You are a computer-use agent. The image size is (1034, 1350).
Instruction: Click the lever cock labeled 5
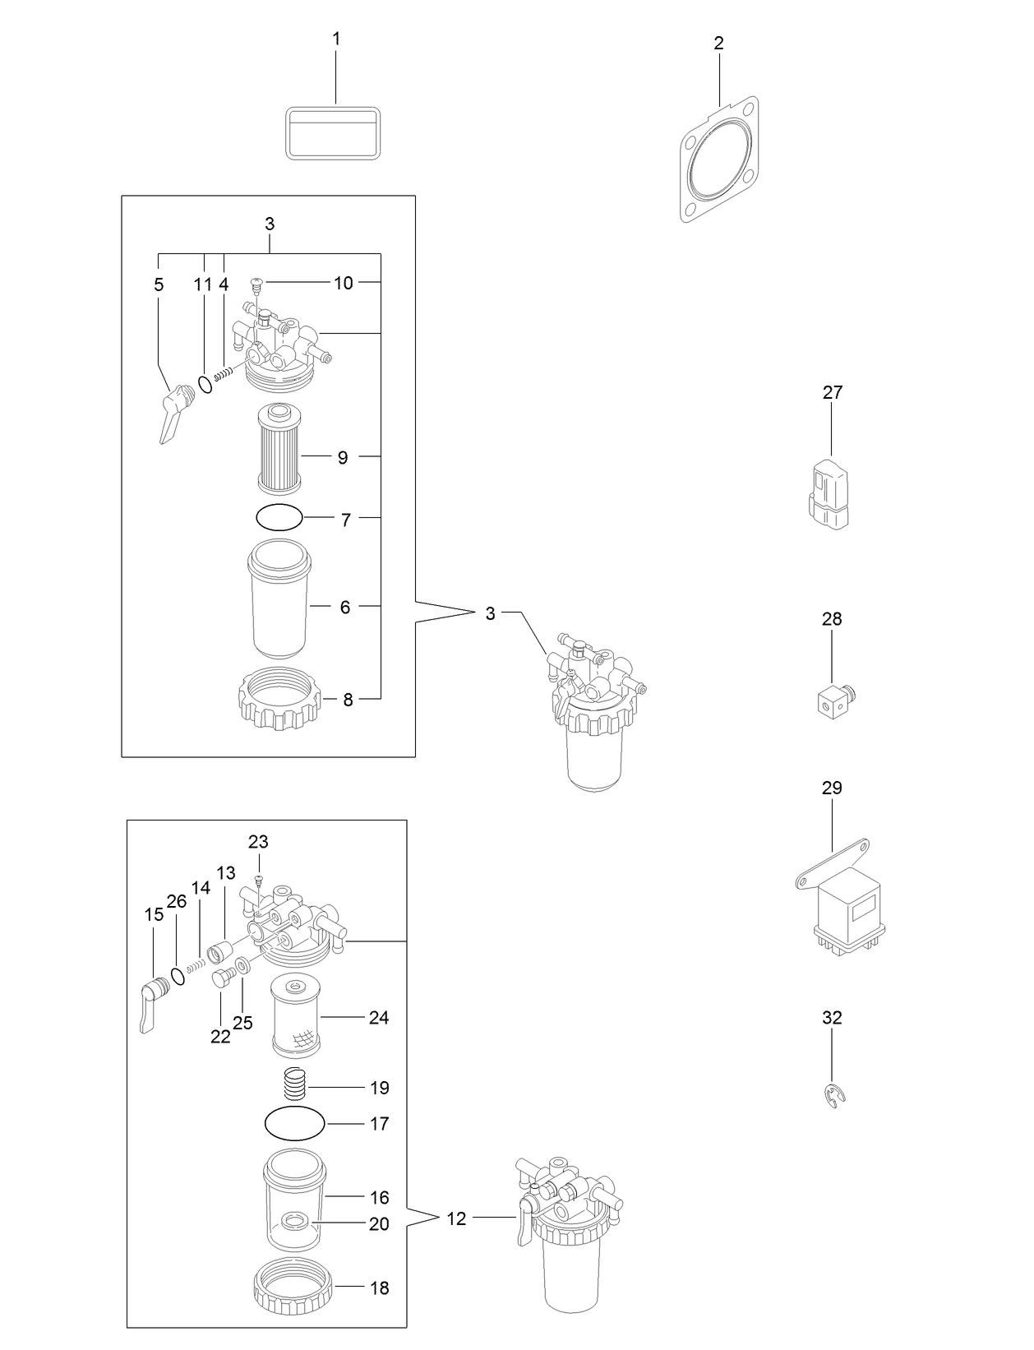point(173,414)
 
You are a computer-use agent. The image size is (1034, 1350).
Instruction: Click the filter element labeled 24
point(296,1015)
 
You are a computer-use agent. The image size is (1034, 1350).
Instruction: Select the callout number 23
point(258,842)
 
